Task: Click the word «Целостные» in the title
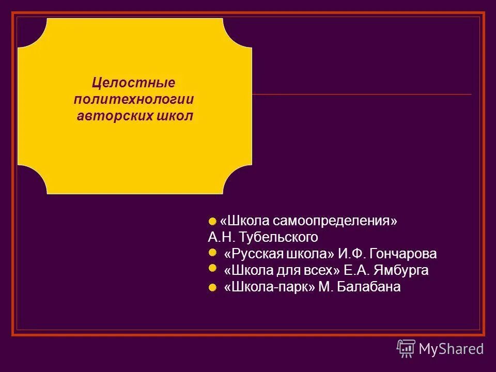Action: pos(134,83)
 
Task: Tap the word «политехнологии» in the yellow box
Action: pos(134,99)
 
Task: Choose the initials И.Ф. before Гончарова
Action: pos(353,254)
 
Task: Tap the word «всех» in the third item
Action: pos(322,271)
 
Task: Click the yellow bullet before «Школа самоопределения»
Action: pos(212,222)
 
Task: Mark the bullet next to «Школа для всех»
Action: pos(212,268)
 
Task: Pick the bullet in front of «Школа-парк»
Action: pos(212,288)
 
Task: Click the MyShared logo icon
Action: pos(406,349)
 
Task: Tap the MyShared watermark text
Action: pos(451,349)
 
